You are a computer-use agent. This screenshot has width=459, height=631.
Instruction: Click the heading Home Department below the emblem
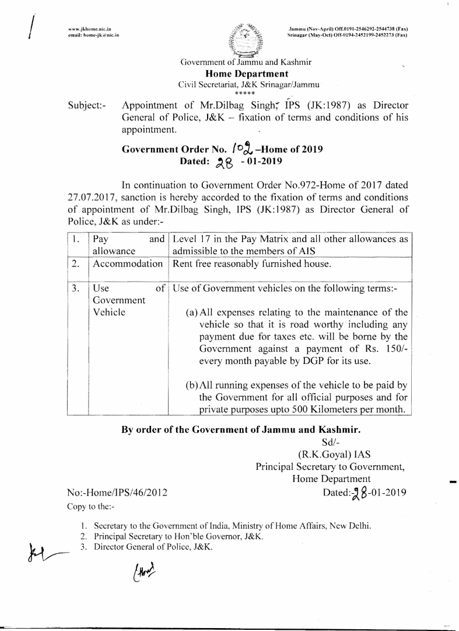(x=247, y=74)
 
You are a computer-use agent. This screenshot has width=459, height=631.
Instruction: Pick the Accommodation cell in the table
(x=127, y=264)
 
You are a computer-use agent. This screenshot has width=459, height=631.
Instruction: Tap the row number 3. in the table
(x=76, y=288)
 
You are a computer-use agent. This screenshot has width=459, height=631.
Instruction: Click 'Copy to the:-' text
(x=92, y=506)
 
